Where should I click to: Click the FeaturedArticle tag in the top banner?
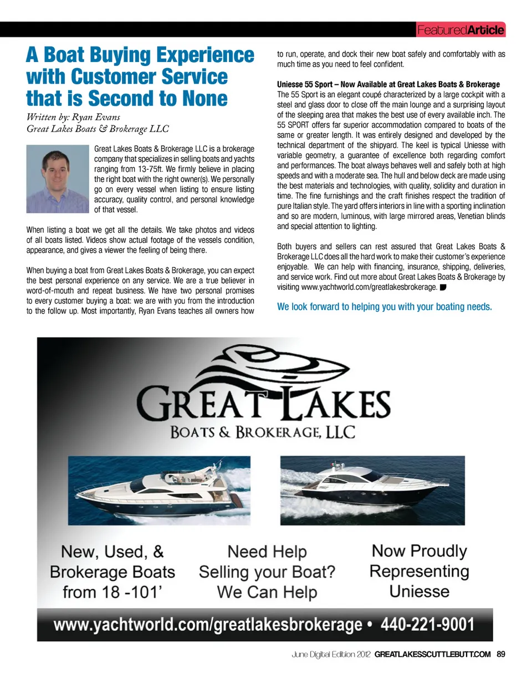tap(461, 30)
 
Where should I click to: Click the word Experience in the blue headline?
tap(205, 55)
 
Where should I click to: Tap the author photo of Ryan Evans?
tap(58, 178)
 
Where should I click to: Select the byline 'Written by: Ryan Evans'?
tap(73, 116)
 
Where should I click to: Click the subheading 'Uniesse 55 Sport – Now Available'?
tap(388, 84)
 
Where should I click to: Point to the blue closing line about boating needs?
tap(384, 307)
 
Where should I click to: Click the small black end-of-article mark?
tap(443, 287)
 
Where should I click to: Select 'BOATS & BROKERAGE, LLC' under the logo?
tap(263, 432)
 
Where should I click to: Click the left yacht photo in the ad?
tap(159, 490)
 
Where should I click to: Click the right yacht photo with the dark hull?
tap(372, 490)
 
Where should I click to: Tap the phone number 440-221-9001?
tap(427, 625)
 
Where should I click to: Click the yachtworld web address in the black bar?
tap(207, 625)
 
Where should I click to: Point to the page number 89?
tap(501, 654)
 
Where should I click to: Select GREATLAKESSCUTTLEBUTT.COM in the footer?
tap(432, 654)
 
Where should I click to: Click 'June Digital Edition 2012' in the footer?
tap(331, 654)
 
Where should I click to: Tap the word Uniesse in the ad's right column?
tap(419, 591)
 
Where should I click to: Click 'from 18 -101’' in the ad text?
tap(112, 592)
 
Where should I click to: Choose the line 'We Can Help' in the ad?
tap(267, 592)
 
